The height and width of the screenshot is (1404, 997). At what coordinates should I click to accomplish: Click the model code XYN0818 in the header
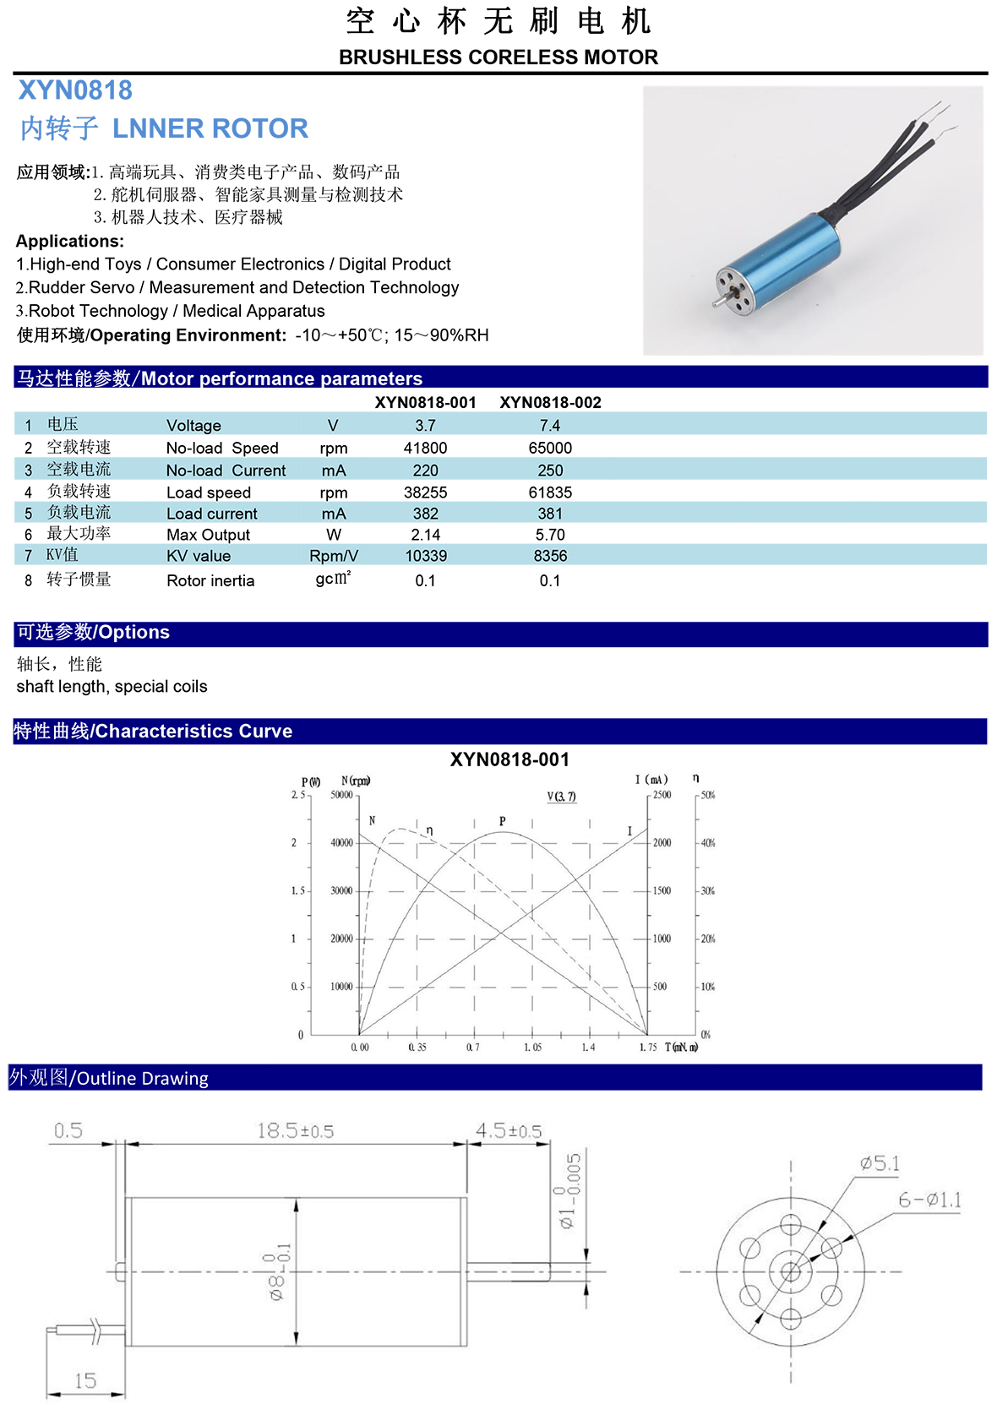tap(75, 90)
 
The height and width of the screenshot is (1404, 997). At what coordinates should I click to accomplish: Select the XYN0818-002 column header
tap(550, 402)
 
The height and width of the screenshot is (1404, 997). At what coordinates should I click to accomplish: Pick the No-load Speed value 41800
tap(425, 448)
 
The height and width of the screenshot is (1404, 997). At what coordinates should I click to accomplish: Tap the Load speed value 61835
tap(550, 492)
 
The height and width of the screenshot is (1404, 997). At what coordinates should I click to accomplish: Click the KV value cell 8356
tap(550, 556)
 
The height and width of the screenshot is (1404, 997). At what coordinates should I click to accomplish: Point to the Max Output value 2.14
tap(425, 535)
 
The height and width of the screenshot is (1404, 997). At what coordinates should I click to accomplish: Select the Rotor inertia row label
tap(210, 580)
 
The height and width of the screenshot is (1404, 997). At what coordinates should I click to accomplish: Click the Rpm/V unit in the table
tap(334, 556)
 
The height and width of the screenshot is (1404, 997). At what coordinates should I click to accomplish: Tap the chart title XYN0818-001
tap(509, 759)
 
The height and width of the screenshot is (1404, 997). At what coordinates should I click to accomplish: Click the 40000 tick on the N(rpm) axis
tap(341, 843)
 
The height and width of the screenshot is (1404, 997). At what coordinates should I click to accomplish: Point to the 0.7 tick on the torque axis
tap(473, 1048)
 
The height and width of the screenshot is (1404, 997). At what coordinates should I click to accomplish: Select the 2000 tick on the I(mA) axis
tap(662, 843)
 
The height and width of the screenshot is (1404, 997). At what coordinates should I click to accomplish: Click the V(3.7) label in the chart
tap(562, 797)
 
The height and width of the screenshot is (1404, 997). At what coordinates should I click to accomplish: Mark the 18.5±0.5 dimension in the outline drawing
tap(295, 1130)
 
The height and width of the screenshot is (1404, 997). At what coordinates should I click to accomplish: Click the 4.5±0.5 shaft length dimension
tap(508, 1130)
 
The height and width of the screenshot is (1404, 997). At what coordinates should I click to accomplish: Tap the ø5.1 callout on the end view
tap(880, 1163)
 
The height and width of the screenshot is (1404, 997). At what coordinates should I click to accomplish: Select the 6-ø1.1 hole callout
tap(929, 1200)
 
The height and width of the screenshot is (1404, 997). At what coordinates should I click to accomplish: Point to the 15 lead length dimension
tap(85, 1380)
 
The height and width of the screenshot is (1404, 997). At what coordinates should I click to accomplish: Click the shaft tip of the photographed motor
tap(715, 302)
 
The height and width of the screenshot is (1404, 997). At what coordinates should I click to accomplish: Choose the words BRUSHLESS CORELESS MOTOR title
tap(498, 57)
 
